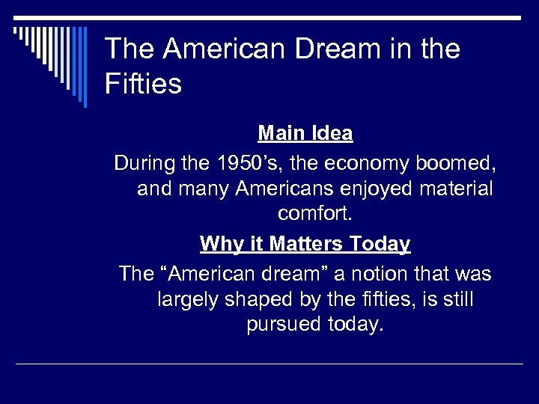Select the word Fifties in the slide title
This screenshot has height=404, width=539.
(x=143, y=83)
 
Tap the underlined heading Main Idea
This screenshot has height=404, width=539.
(x=305, y=133)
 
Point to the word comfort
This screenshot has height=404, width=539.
(x=314, y=214)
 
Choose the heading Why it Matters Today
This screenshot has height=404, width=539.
(x=305, y=244)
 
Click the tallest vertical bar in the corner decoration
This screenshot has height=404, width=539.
(x=85, y=67)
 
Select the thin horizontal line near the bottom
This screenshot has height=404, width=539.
(x=269, y=364)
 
